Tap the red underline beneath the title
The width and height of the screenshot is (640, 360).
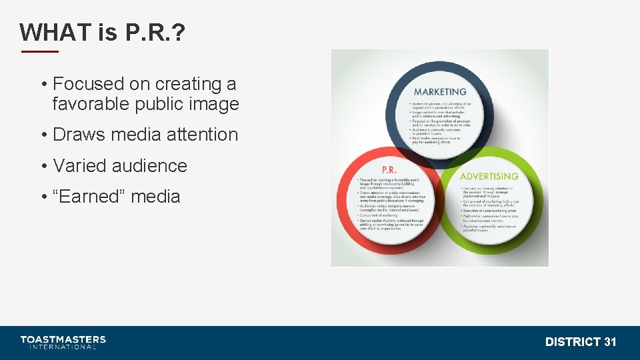point(39,51)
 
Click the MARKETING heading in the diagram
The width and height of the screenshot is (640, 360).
point(440,92)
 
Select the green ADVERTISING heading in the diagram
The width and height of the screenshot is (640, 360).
point(489,177)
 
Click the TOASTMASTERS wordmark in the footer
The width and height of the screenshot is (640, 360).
point(63,339)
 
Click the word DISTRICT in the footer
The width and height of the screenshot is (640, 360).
point(573,342)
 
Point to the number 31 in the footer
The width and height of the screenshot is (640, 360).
point(610,342)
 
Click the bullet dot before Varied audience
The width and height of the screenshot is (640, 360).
point(43,166)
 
